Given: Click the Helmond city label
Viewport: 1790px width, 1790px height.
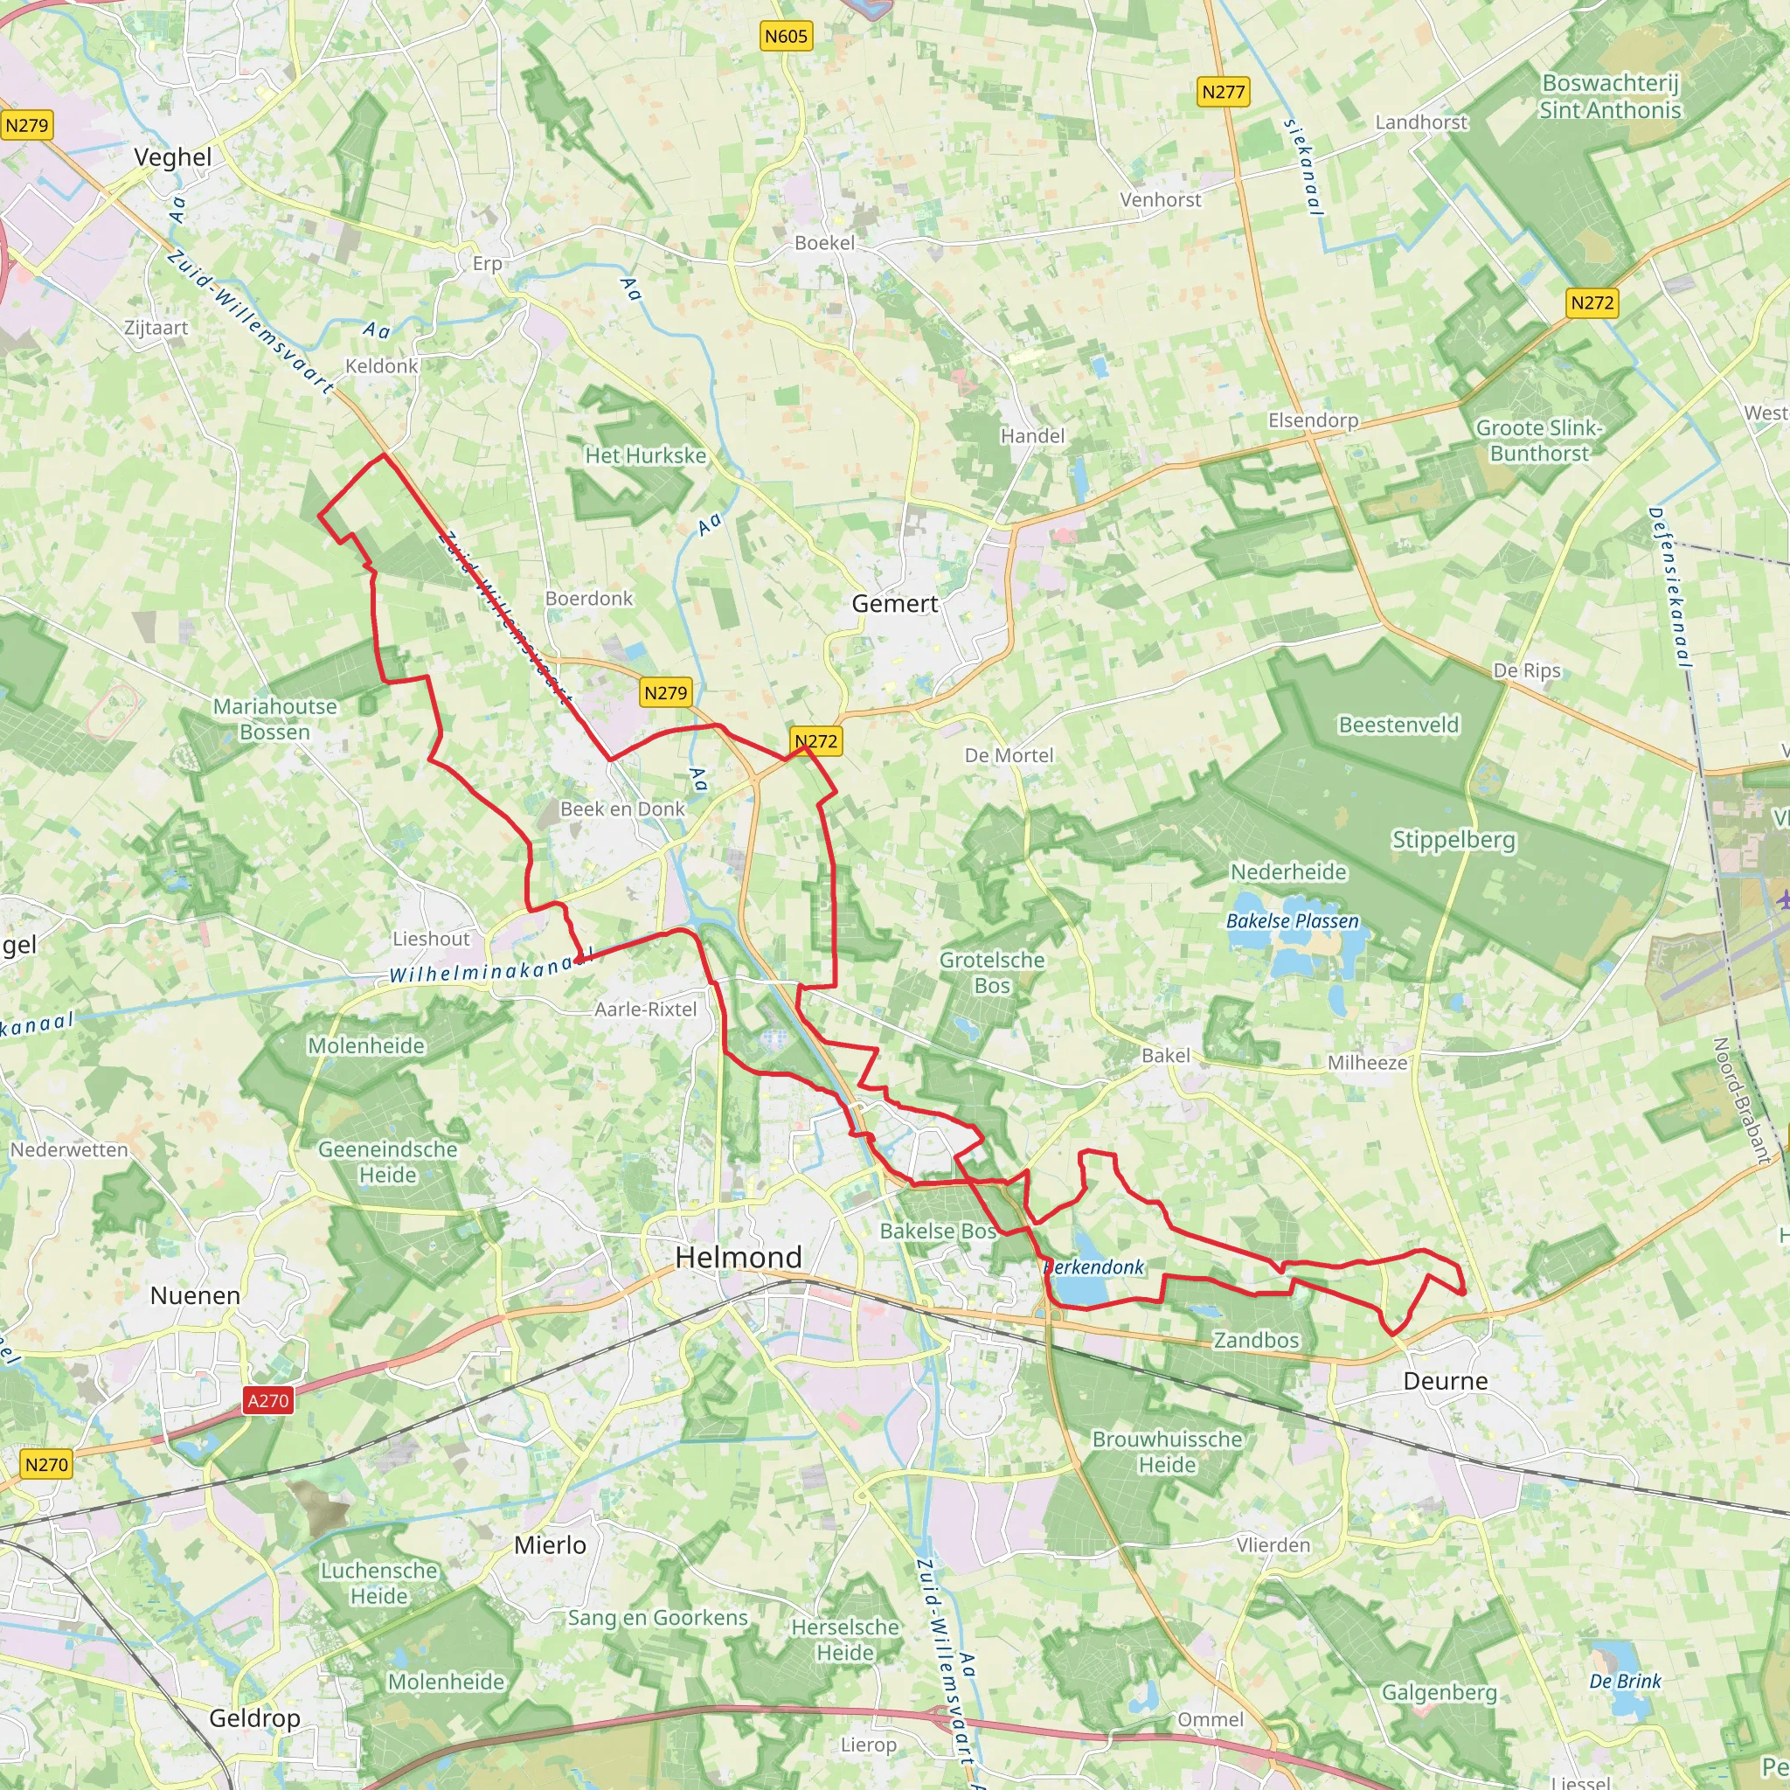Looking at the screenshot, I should coord(738,1257).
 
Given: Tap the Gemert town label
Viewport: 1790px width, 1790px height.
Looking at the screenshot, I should coord(894,604).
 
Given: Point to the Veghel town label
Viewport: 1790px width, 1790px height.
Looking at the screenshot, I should coord(172,157).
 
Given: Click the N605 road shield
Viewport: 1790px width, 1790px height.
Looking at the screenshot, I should coord(786,36).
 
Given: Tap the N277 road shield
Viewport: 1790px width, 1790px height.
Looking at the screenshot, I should coord(1223,92).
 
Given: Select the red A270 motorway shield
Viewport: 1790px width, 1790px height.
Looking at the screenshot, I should coord(268,1400).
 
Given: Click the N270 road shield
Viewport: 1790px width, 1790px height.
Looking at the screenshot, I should coord(46,1464).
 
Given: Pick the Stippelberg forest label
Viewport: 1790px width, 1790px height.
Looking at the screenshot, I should coord(1453,839).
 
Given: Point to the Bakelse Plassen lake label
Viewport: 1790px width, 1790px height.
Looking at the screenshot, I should coord(1292,921).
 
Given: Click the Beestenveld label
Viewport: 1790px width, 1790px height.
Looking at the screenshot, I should coord(1398,725).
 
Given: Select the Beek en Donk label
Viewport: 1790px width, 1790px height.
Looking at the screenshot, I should coord(621,808).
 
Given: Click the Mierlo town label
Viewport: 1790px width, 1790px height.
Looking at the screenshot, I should coord(550,1544).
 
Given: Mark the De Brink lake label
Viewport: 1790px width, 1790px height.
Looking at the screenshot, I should coord(1625,1681).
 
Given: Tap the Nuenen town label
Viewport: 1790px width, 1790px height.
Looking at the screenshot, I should coord(195,1295).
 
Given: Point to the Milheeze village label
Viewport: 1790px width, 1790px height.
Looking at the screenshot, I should coord(1367,1063).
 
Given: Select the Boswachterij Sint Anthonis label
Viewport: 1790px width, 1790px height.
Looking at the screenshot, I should coord(1609,96).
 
